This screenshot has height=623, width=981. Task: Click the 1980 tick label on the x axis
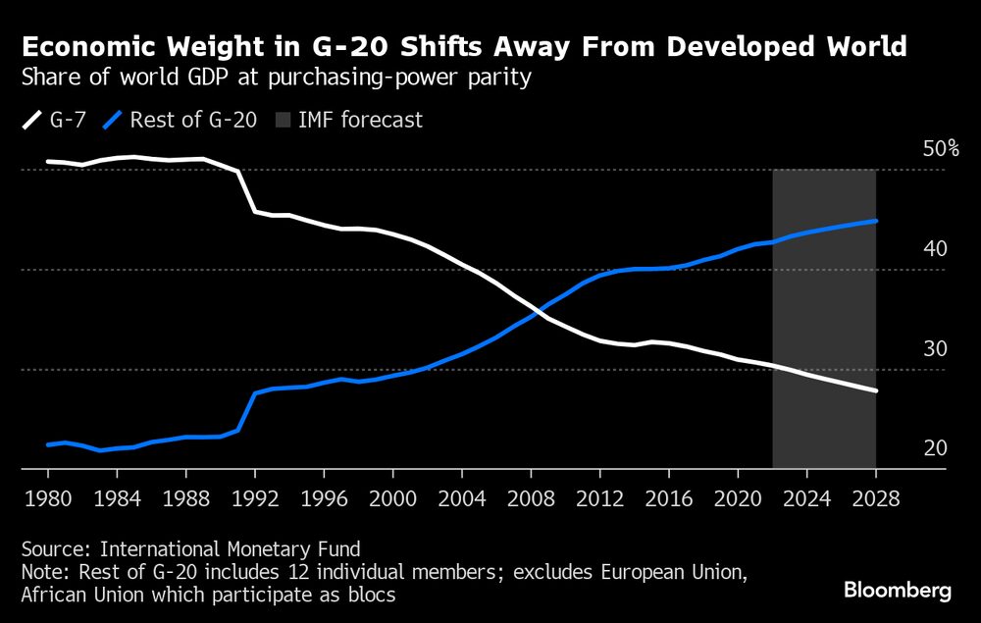point(48,497)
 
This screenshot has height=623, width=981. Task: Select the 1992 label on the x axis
point(254,497)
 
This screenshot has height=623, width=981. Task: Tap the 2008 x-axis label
point(531,497)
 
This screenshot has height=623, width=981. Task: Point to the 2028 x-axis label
point(874,497)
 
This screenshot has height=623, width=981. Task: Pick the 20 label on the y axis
point(935,448)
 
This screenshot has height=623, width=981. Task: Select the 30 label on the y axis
point(935,348)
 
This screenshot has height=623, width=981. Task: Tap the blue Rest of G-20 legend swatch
point(114,121)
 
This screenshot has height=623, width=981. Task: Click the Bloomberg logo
point(898,591)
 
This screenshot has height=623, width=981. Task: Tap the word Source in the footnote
point(54,549)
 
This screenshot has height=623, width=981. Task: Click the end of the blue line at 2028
point(875,221)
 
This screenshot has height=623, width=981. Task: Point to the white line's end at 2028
point(875,391)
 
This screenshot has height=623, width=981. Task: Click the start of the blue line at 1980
point(48,444)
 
